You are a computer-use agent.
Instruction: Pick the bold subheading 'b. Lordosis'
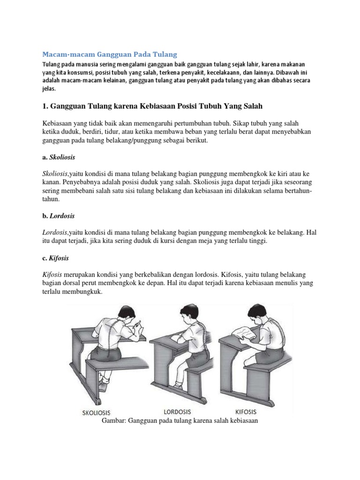click(x=59, y=216)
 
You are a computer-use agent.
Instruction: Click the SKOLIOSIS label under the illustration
click(x=96, y=413)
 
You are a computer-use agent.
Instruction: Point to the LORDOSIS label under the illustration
click(x=178, y=412)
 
